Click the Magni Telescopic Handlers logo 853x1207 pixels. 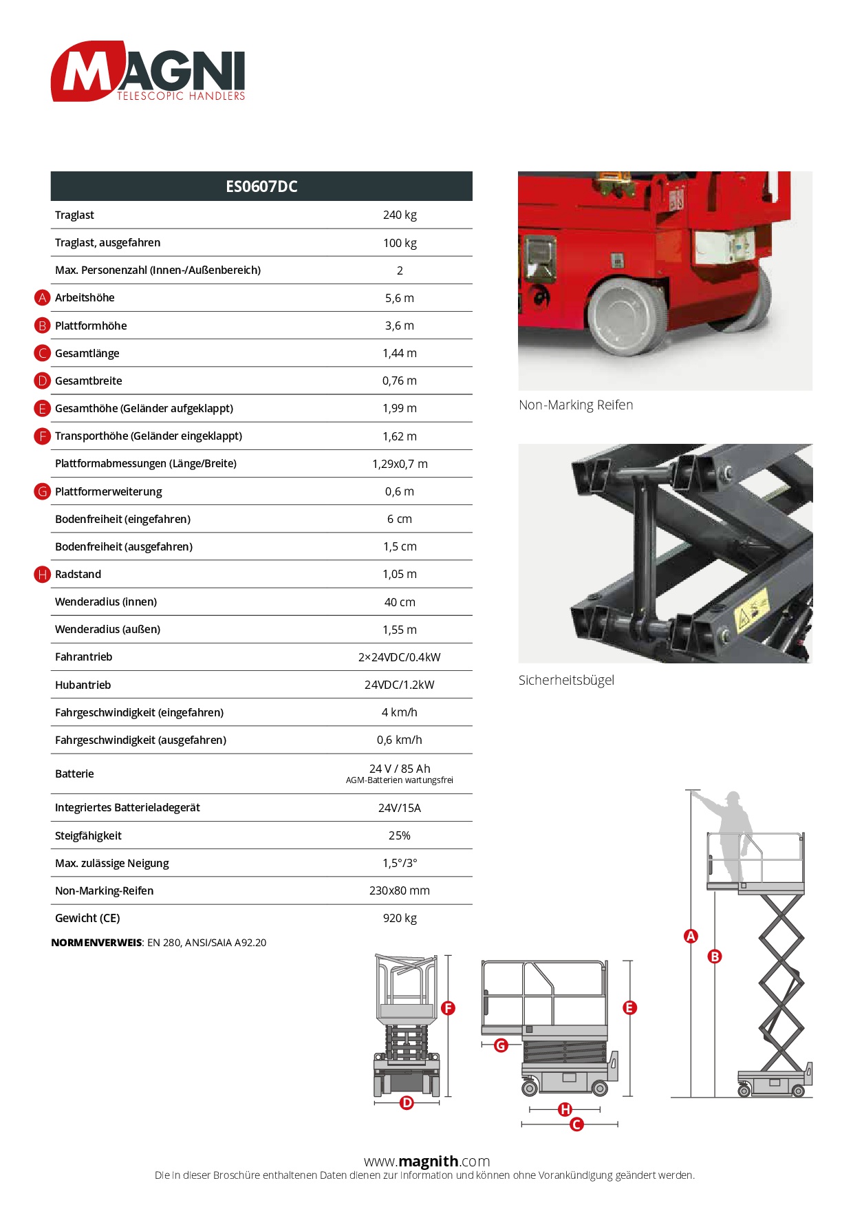click(148, 72)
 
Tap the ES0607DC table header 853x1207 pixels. click(261, 186)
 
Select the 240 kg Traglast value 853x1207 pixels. click(400, 215)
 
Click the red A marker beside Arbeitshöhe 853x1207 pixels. click(43, 298)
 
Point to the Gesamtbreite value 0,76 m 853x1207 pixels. click(400, 381)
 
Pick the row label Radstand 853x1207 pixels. click(78, 574)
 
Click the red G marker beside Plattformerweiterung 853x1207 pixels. click(43, 491)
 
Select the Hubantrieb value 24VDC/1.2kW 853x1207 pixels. click(400, 685)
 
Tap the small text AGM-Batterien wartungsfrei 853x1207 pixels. click(400, 780)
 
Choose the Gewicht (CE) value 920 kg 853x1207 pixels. click(400, 918)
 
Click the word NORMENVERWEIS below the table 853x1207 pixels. click(96, 943)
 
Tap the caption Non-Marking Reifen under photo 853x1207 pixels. click(576, 405)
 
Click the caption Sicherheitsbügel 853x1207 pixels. click(566, 680)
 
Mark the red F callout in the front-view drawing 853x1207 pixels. click(449, 1008)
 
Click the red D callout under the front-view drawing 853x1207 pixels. click(407, 1103)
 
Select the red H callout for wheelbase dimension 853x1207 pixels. click(565, 1109)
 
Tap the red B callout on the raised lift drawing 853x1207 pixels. click(715, 957)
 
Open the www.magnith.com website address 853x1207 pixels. click(426, 1162)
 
